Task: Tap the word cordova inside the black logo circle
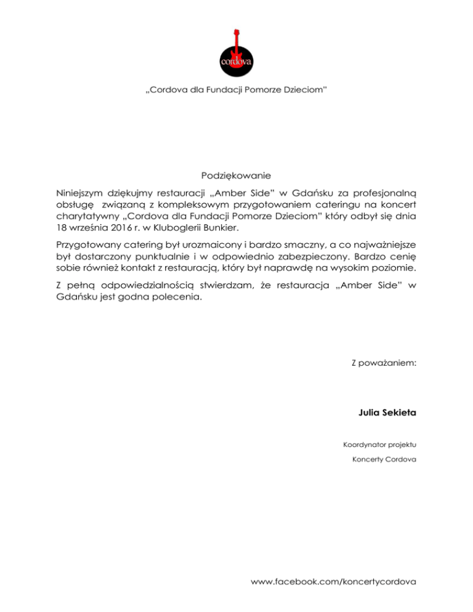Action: pos(236,60)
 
